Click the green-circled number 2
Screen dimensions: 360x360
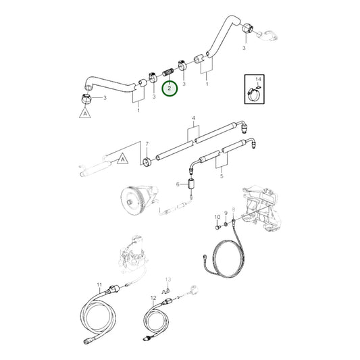click(171, 88)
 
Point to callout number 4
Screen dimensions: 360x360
click(195, 119)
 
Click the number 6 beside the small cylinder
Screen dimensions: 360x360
click(179, 184)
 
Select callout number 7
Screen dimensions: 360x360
click(147, 144)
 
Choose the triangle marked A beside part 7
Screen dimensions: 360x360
click(122, 159)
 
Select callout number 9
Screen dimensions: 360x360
click(226, 216)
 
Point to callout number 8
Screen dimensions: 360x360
click(233, 210)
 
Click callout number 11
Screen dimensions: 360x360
click(99, 285)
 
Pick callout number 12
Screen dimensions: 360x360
click(153, 298)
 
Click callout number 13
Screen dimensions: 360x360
click(169, 279)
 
